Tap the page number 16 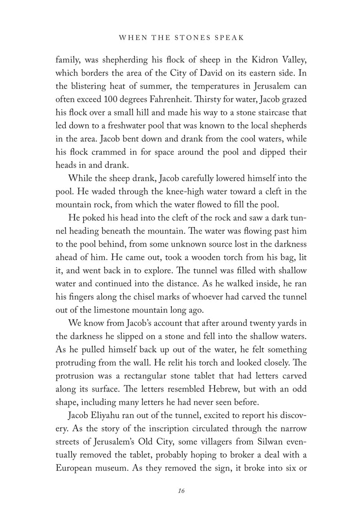(180, 490)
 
